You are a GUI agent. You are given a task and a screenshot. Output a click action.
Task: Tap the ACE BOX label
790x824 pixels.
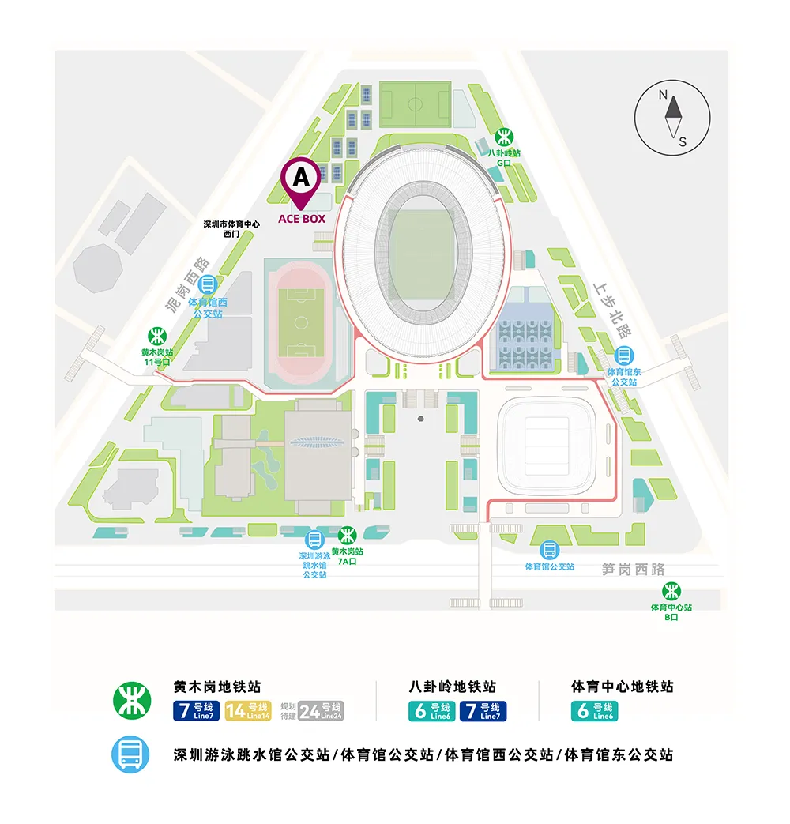(x=301, y=218)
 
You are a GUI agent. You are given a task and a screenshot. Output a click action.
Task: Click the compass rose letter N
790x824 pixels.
(x=664, y=96)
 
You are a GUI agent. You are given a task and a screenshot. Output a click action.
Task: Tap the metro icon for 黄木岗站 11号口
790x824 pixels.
(x=156, y=334)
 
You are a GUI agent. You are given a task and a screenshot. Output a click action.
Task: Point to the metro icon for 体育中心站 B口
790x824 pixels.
(x=671, y=591)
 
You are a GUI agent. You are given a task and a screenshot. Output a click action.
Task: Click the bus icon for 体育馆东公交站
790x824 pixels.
(x=623, y=356)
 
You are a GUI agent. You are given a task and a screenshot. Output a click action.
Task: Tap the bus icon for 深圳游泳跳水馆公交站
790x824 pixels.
(x=314, y=540)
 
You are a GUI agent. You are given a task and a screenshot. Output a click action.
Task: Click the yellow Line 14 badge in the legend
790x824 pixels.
(x=248, y=710)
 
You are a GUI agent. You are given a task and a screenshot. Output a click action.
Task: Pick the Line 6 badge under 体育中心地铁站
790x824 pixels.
(x=594, y=710)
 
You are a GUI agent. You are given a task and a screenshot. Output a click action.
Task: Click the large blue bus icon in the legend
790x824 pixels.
(x=130, y=754)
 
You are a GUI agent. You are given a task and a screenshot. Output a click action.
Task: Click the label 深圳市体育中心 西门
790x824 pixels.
(x=231, y=228)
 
